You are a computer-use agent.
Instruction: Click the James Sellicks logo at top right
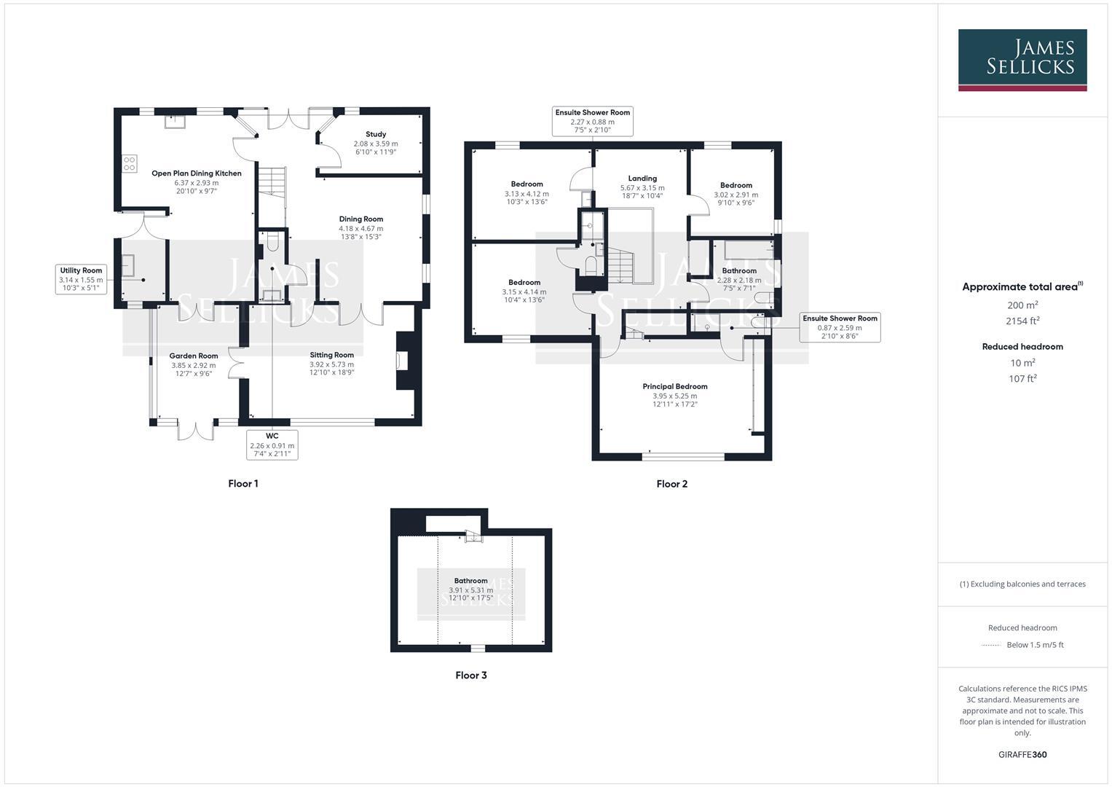tap(1022, 60)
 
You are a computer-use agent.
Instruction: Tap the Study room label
tap(376, 134)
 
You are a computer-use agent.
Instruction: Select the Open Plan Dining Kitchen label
tap(196, 173)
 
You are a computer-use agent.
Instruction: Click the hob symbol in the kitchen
tap(130, 164)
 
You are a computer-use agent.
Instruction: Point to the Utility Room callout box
tap(81, 279)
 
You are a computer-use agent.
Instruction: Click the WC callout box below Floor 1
tap(272, 445)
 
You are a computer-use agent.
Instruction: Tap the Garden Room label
tap(194, 356)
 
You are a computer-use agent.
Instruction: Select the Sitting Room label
tap(331, 355)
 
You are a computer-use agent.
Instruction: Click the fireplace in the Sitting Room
tap(403, 361)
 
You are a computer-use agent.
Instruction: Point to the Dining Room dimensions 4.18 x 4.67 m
tap(360, 228)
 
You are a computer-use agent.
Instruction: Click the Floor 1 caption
tap(243, 484)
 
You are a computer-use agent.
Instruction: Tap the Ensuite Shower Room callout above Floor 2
tap(592, 121)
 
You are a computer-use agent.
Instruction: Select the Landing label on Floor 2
tap(642, 179)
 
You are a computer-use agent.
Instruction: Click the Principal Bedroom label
tap(675, 386)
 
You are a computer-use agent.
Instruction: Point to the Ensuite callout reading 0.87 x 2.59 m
tap(840, 328)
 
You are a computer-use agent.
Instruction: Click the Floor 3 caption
tap(471, 676)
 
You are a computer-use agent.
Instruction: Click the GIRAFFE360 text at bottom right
tap(1022, 755)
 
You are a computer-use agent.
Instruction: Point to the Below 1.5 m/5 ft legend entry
tap(1034, 645)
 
